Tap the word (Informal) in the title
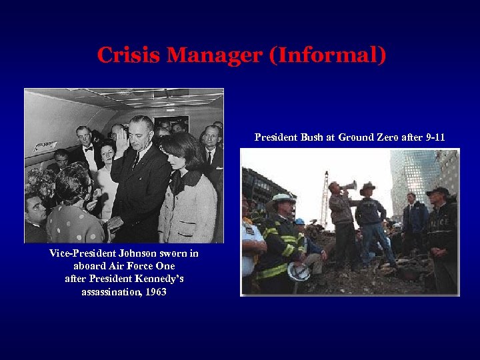pyautogui.click(x=327, y=55)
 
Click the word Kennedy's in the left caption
pyautogui.click(x=156, y=279)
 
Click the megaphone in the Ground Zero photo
pyautogui.click(x=347, y=185)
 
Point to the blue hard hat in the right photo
pyautogui.click(x=300, y=222)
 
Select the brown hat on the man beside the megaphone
pyautogui.click(x=367, y=189)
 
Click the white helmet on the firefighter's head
pyautogui.click(x=283, y=199)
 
